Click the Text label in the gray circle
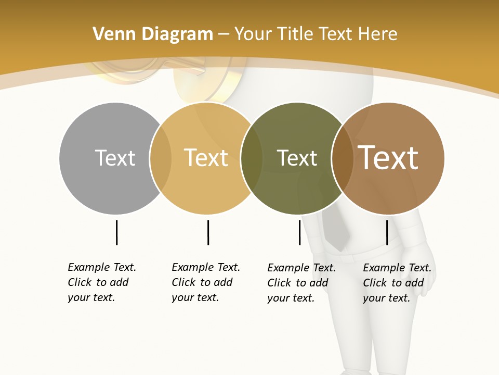tap(115, 158)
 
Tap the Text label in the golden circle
tap(206, 158)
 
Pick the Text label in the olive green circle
tap(297, 158)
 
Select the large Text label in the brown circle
tap(388, 158)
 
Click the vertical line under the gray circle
tap(116, 232)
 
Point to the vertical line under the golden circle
tap(208, 232)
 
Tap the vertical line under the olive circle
tap(299, 232)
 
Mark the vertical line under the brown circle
tap(387, 232)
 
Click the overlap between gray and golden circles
tap(161, 158)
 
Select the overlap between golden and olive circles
tap(252, 158)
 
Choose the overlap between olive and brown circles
tap(342, 158)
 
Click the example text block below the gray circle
tap(102, 282)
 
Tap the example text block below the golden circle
tap(206, 282)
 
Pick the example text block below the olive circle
tap(301, 283)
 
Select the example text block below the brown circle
tap(397, 283)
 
